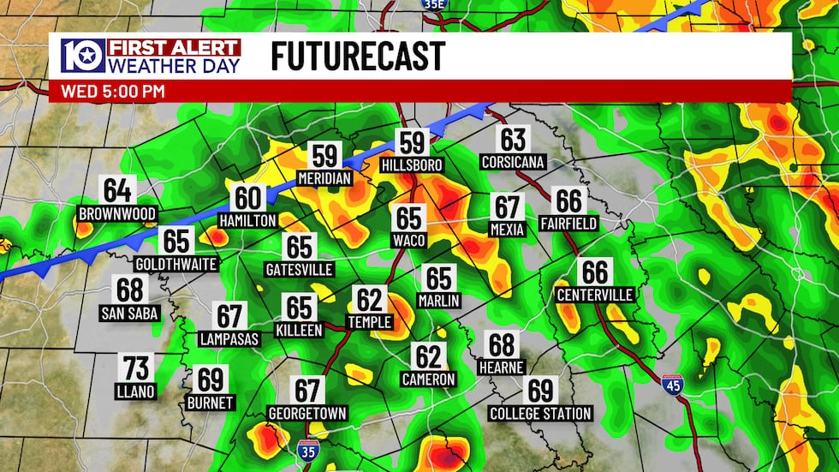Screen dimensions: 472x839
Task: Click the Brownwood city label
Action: tap(117, 213)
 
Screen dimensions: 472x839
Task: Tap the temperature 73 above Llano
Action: tap(136, 369)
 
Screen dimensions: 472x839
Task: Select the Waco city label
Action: tap(409, 241)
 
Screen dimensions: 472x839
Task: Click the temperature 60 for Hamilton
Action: tap(247, 199)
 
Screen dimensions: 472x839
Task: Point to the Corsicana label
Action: tap(513, 162)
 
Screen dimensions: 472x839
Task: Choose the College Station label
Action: tap(540, 414)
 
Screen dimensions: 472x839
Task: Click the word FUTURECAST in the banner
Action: tap(358, 57)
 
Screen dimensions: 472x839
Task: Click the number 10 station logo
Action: tap(82, 57)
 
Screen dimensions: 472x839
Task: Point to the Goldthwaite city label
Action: tap(176, 264)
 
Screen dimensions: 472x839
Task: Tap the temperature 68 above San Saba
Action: tap(129, 290)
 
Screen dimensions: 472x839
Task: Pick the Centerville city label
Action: tap(595, 295)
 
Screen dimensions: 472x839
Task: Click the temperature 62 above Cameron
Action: tap(428, 355)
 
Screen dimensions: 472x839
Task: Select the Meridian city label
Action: tap(324, 178)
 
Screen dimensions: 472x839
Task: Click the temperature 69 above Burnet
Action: tap(210, 379)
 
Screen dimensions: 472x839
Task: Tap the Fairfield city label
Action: tap(568, 224)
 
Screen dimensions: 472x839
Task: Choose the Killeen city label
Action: tap(299, 330)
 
